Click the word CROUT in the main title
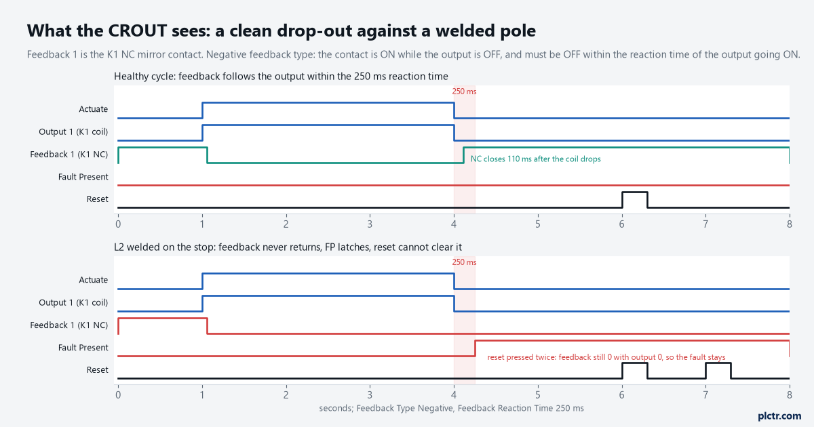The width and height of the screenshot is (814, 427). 137,30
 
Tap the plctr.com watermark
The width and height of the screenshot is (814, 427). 779,415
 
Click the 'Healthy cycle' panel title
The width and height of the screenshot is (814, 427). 281,77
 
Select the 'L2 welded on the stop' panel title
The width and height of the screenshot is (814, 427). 288,247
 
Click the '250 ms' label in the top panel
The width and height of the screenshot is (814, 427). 464,91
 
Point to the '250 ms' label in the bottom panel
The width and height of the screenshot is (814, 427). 464,262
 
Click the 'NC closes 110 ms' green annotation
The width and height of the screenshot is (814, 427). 536,159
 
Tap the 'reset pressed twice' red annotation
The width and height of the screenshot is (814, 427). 606,357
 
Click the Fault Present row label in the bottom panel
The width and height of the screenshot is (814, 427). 83,348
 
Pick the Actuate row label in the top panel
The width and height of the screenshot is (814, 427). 94,109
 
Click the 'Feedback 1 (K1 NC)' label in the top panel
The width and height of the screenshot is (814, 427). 69,155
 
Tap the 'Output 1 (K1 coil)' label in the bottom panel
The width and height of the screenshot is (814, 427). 73,302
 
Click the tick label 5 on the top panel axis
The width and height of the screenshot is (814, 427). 537,224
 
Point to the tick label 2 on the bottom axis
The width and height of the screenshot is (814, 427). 286,394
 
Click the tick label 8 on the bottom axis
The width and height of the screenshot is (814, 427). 790,394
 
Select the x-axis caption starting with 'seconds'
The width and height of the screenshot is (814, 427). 451,408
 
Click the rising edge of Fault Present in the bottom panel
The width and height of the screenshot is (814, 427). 475,348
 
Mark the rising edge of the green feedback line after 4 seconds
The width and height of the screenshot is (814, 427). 463,155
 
